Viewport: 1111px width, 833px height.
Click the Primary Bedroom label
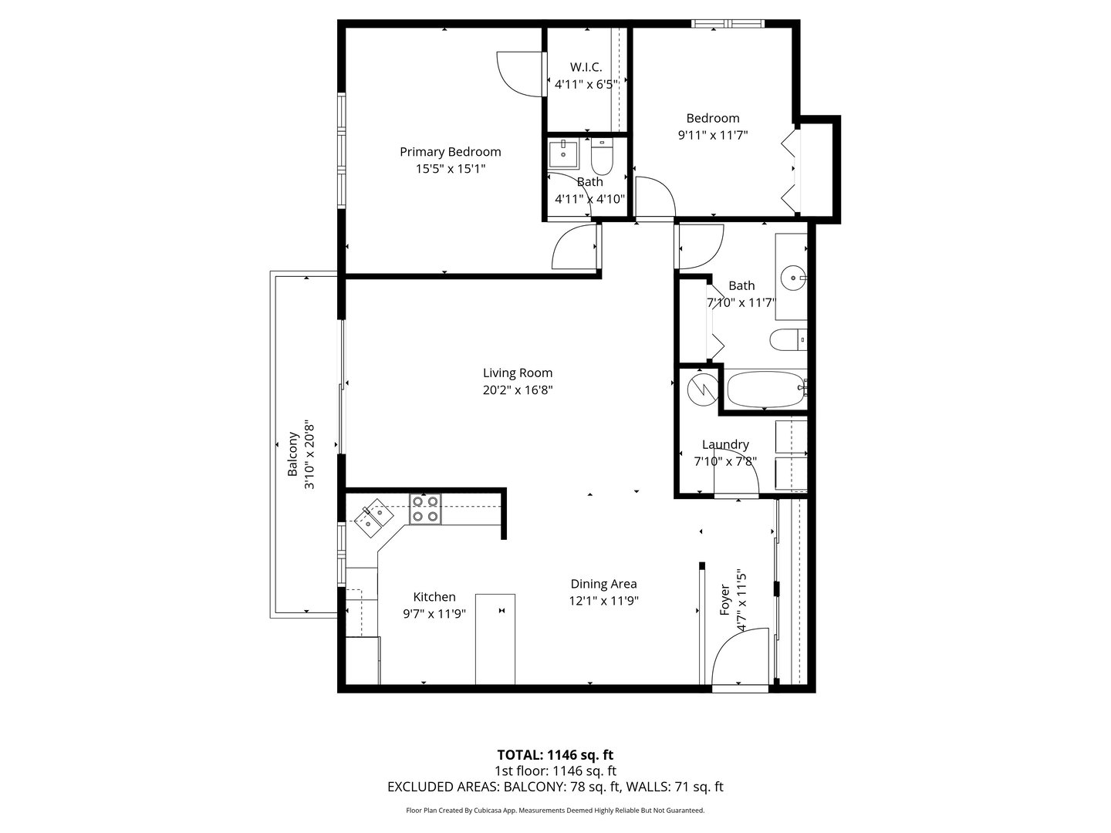[450, 152]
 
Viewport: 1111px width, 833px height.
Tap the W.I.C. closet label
[586, 67]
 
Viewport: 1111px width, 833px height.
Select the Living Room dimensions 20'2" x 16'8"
[518, 390]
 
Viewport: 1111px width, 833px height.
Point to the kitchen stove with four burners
[425, 509]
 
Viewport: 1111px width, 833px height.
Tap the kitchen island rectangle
[495, 639]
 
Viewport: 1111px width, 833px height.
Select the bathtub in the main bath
[764, 390]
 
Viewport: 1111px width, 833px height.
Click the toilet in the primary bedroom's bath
[601, 158]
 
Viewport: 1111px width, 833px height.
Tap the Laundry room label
[725, 445]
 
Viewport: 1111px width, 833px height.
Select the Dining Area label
[603, 584]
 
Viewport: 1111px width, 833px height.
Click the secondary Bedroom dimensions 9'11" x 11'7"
[713, 135]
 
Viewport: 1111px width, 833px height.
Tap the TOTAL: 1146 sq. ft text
[555, 754]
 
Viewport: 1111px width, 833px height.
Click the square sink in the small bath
[566, 153]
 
